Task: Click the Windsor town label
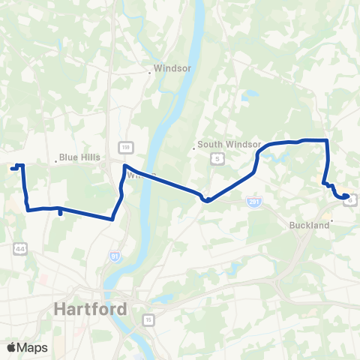click(x=173, y=67)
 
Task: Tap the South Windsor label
click(x=229, y=144)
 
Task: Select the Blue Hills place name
click(x=79, y=157)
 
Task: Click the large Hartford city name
click(x=90, y=308)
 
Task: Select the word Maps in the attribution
click(x=33, y=347)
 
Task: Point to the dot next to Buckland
click(x=332, y=221)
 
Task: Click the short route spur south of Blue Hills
click(x=60, y=214)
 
